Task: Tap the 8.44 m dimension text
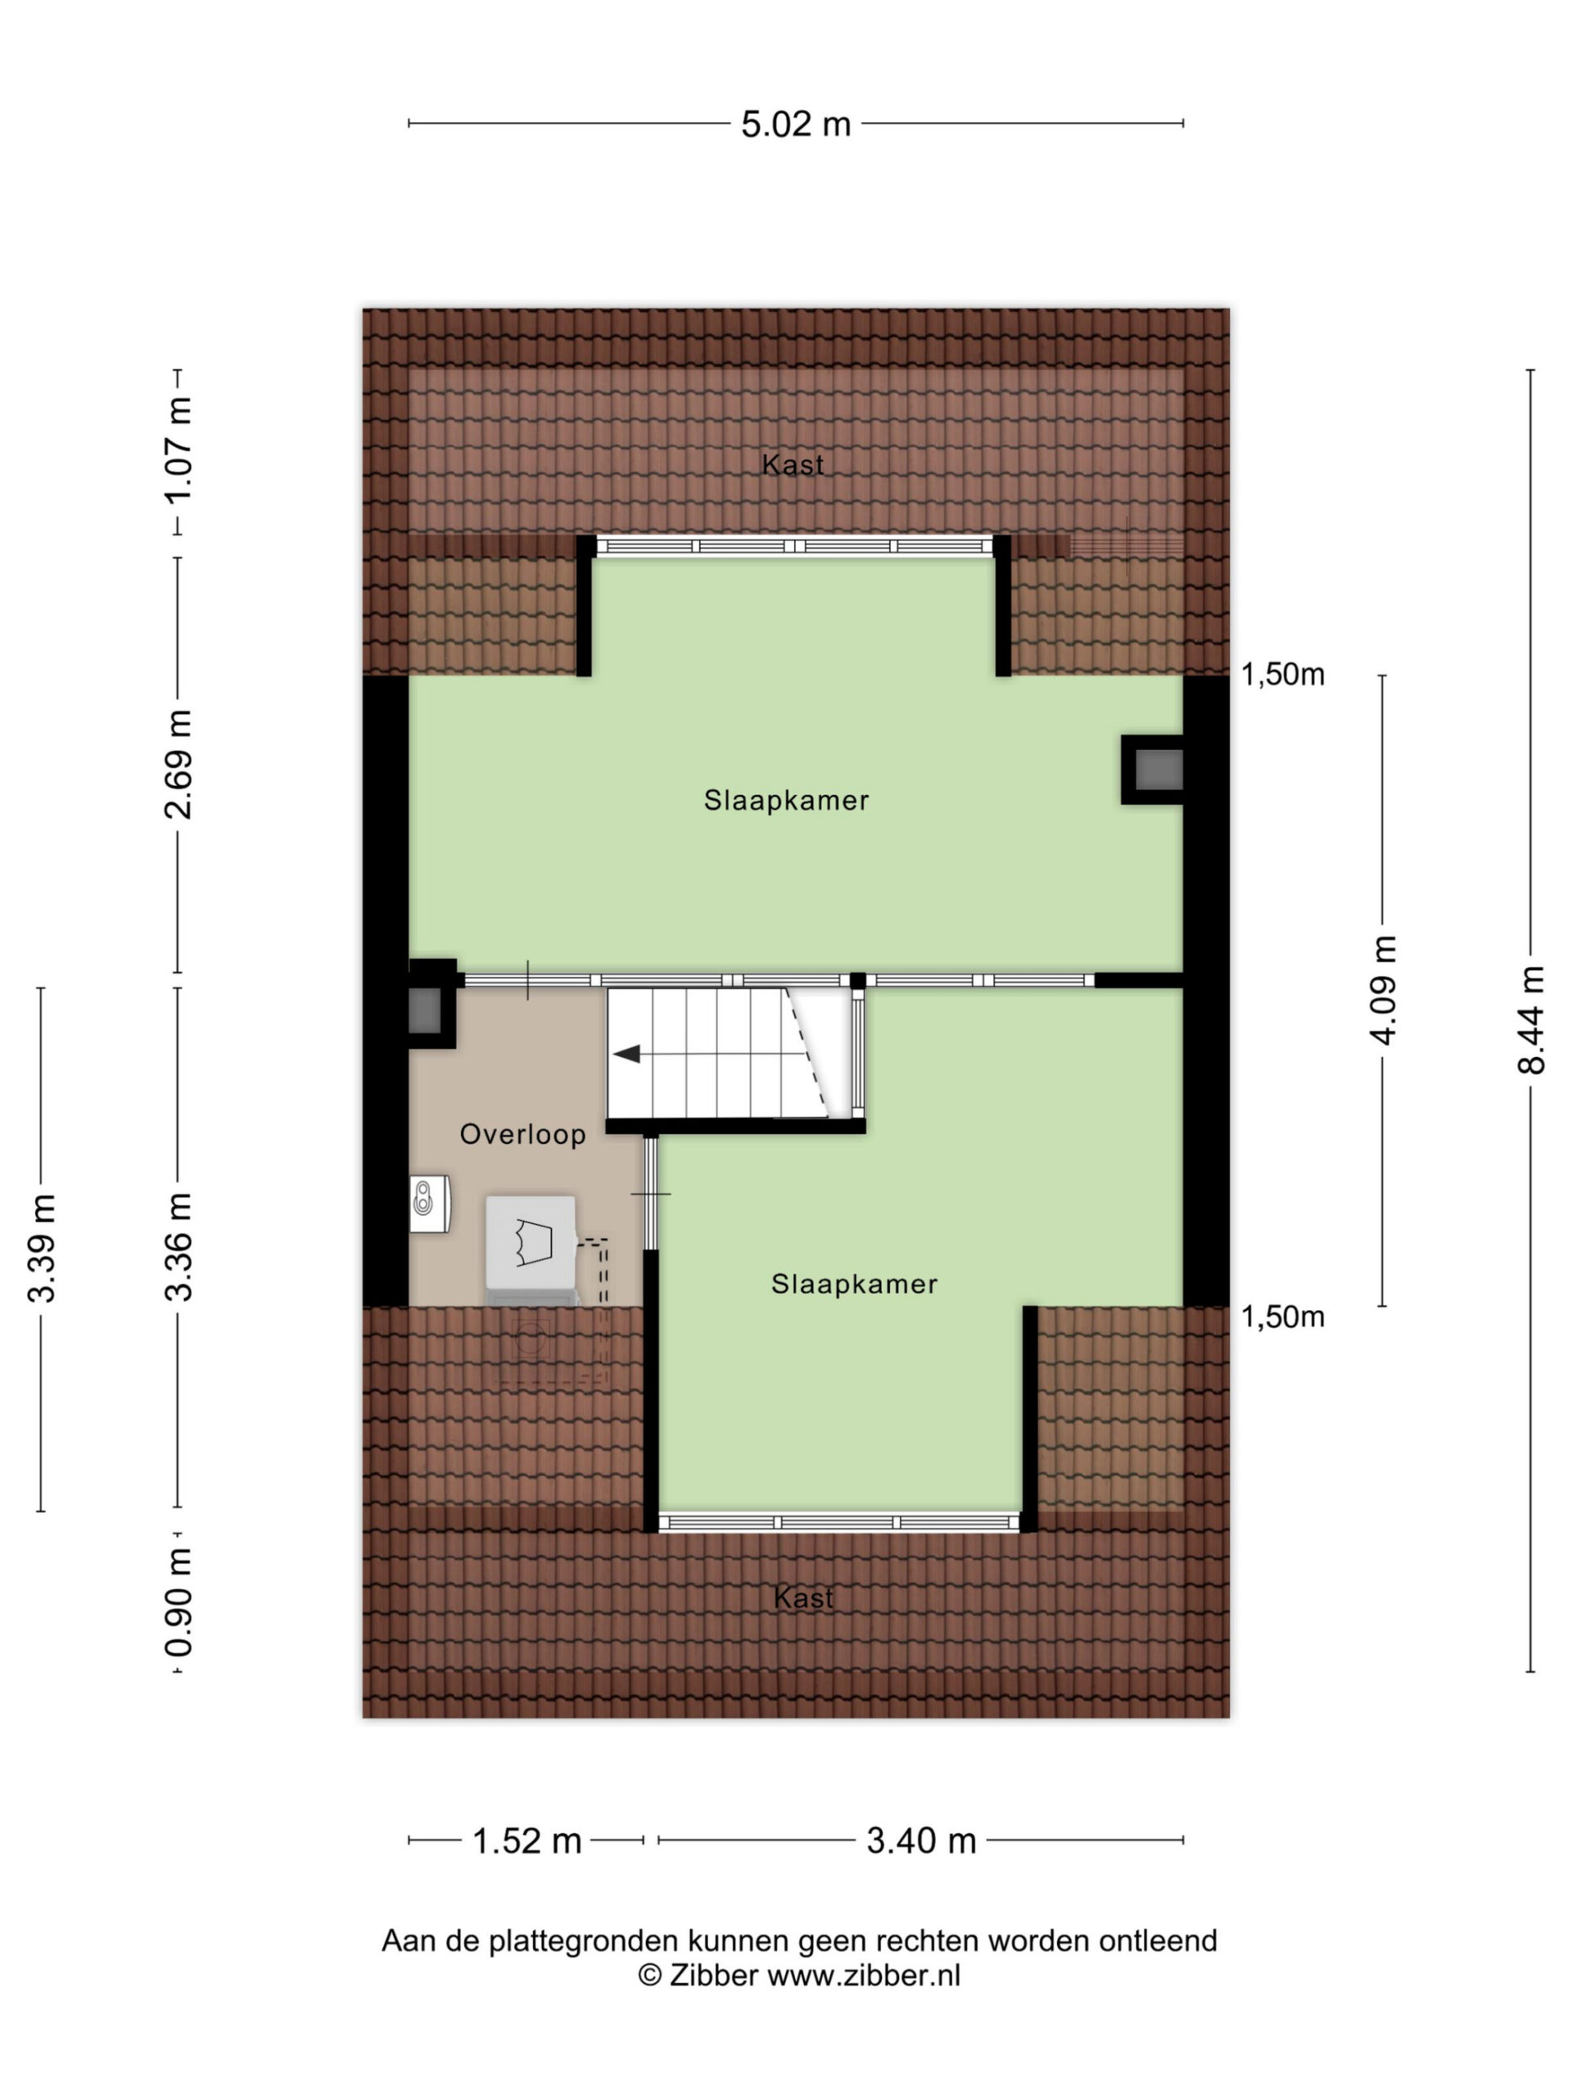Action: pyautogui.click(x=1530, y=1019)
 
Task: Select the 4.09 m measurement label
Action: pyautogui.click(x=1384, y=990)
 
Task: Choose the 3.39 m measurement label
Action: pyautogui.click(x=41, y=1249)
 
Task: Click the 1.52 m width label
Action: pyautogui.click(x=526, y=1841)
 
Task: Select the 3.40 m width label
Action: pyautogui.click(x=921, y=1841)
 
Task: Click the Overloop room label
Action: pyautogui.click(x=523, y=1134)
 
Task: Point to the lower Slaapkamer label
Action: pyautogui.click(x=854, y=1284)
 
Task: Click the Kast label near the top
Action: pyautogui.click(x=793, y=464)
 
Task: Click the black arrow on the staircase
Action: pyautogui.click(x=626, y=1054)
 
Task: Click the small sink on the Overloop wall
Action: pyautogui.click(x=429, y=1204)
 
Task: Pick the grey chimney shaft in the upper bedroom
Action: pyautogui.click(x=1158, y=770)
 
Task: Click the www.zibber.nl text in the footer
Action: pyautogui.click(x=863, y=1975)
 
